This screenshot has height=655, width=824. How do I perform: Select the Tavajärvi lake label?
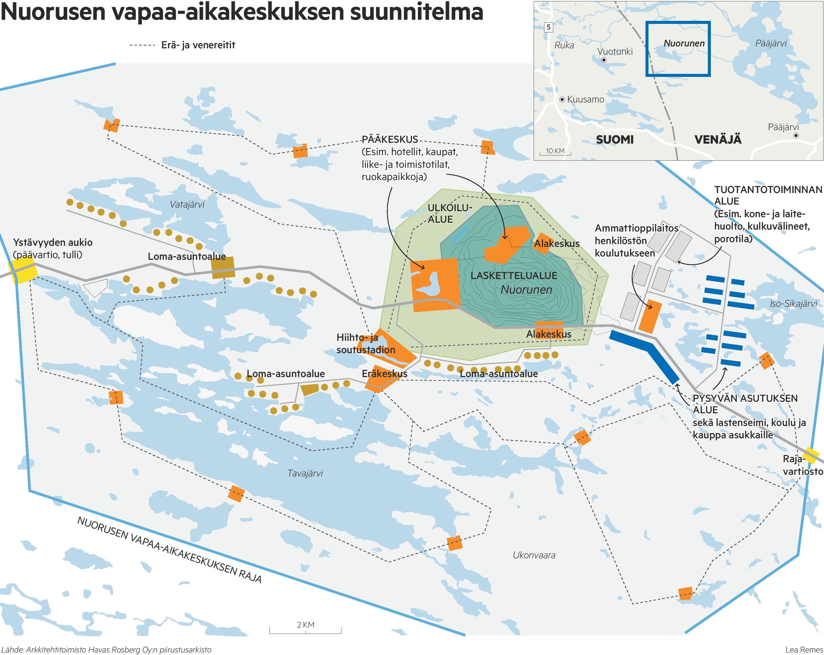[305, 473]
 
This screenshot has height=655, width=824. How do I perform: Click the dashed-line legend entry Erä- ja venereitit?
[183, 45]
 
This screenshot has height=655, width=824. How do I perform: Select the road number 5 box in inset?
[549, 27]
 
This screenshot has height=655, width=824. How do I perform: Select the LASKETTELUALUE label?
[513, 275]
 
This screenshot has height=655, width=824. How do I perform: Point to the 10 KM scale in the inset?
[555, 152]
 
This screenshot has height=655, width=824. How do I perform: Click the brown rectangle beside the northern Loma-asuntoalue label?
[223, 267]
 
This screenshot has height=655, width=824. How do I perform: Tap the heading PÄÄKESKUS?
[389, 140]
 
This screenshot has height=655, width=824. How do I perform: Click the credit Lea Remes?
[804, 650]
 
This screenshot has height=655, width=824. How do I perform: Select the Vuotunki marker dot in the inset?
[604, 60]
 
